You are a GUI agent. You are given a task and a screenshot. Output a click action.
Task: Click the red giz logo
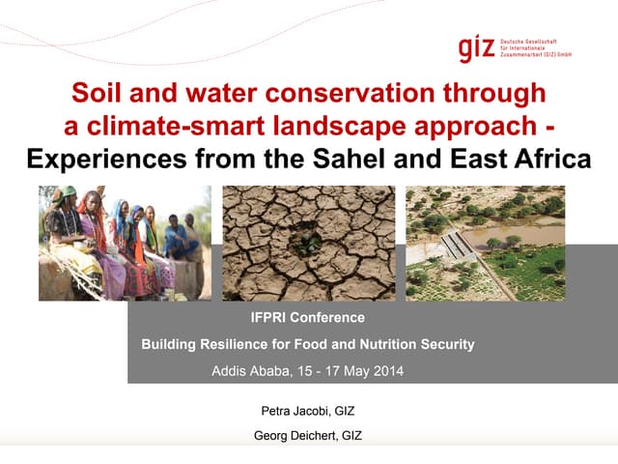(477, 48)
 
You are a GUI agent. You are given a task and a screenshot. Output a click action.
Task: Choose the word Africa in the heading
(544, 158)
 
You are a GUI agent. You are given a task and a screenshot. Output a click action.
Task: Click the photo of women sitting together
(125, 243)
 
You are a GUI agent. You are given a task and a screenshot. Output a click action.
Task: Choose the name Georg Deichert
(295, 436)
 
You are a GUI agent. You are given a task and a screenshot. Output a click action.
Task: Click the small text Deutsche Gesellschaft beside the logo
(528, 43)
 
